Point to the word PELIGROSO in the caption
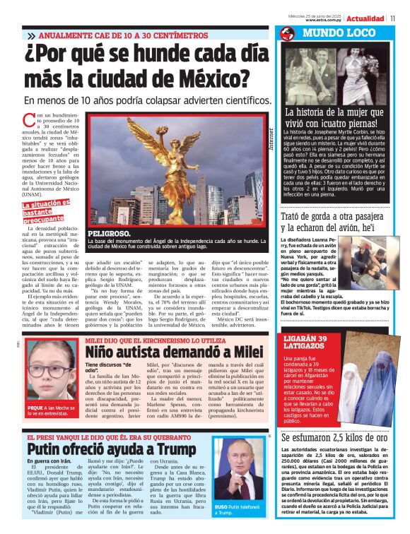[109, 233]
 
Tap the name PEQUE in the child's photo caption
[35, 408]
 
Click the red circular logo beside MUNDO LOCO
[287, 34]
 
